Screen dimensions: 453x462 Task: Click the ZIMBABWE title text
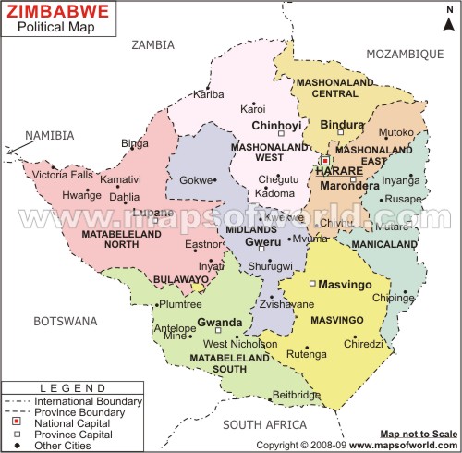tap(56, 12)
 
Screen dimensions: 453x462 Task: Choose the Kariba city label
tap(208, 94)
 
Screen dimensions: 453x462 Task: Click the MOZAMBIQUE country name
tap(405, 55)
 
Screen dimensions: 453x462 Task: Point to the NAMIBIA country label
tap(49, 135)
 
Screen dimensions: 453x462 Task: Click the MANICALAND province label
tap(383, 244)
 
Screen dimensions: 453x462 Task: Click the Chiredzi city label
tap(362, 342)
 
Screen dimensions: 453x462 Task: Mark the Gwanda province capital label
tap(219, 323)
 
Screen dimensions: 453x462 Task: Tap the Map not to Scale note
tap(418, 433)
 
